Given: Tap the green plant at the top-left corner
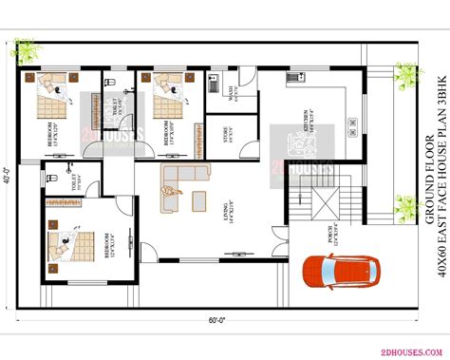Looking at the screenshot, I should pos(30,79).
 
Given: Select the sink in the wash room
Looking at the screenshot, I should pos(215,84).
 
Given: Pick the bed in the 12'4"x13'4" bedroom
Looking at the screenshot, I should pos(66,247).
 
